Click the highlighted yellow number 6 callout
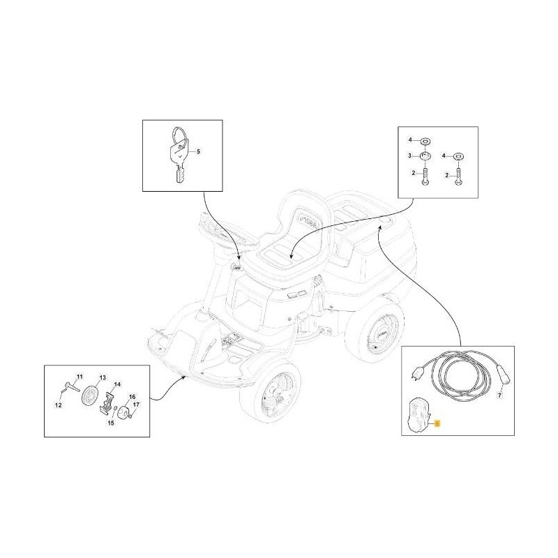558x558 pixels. [437, 423]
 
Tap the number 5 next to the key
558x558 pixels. [197, 150]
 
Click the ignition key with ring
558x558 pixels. [178, 153]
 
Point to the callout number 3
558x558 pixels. [411, 156]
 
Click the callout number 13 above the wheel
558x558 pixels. [102, 377]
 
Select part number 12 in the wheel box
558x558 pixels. [59, 405]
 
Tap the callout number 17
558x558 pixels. [137, 405]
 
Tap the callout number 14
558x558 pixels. [117, 384]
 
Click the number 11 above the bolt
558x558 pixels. [79, 376]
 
